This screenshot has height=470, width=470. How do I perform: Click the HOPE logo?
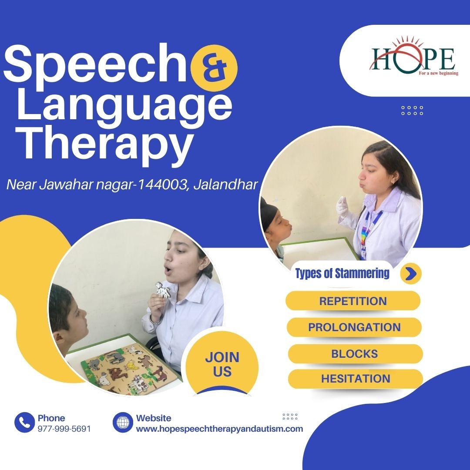414,57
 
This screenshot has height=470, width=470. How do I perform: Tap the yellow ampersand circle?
214,68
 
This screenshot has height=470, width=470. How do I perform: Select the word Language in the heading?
124,107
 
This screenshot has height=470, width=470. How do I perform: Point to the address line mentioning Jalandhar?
132,185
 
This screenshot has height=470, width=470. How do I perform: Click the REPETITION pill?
353,301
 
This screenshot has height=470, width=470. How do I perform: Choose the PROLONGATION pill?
354,327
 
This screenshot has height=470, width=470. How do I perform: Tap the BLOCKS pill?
355,354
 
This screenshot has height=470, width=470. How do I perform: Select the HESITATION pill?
356,379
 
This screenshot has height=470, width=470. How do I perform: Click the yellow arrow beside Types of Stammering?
411,273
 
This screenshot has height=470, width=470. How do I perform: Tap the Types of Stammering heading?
342,273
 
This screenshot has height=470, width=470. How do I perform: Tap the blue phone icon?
24,422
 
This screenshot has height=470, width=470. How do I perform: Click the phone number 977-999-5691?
64,429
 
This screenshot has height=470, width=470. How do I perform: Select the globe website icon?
123,422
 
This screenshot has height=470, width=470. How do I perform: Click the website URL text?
219,429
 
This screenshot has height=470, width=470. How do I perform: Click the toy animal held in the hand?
162,290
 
